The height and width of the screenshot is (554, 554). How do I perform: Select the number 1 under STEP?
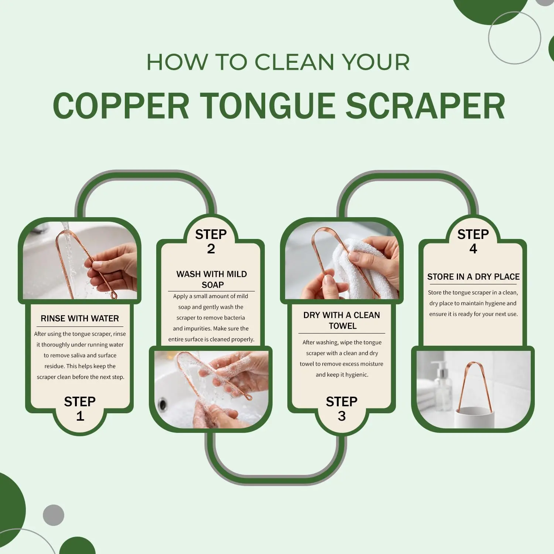tap(80, 416)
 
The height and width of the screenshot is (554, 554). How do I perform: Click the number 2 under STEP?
tap(211, 249)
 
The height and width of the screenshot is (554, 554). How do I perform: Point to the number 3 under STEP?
tap(342, 416)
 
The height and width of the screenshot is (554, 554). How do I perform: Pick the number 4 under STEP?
tap(473, 249)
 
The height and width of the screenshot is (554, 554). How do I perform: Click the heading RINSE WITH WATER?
tap(80, 318)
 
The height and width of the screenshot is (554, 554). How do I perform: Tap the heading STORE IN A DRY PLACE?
tap(473, 277)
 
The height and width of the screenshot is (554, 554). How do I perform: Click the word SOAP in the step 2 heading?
tap(213, 285)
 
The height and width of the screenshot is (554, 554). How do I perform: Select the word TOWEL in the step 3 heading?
tap(343, 326)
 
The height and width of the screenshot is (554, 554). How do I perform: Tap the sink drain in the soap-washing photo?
tap(162, 404)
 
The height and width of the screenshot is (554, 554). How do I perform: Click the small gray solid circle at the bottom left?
tap(54, 515)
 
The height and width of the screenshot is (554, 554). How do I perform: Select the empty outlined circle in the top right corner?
tap(514, 38)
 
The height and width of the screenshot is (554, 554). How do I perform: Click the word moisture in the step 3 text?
tap(372, 364)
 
